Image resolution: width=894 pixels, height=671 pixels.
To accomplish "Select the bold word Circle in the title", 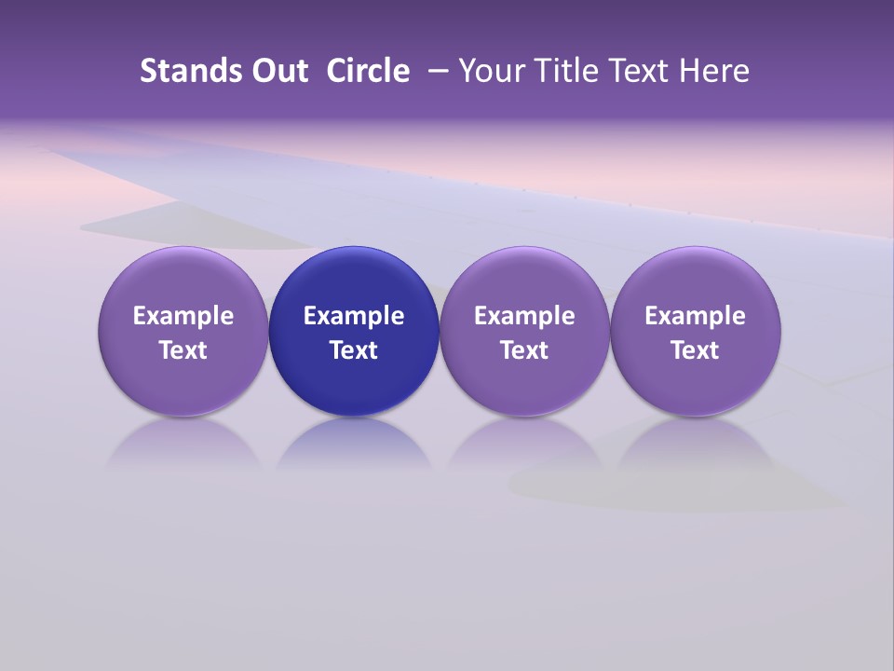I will tap(368, 71).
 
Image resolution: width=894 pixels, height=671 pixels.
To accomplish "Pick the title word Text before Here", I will tap(643, 71).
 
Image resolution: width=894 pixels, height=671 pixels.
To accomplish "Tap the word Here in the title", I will tap(715, 71).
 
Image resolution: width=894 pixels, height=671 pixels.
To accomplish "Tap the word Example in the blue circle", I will tap(354, 316).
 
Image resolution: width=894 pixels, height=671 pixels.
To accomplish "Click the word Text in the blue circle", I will tap(354, 350).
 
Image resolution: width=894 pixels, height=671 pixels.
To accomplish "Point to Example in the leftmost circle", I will tap(183, 316).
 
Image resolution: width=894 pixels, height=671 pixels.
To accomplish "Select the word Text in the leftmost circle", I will tap(183, 350).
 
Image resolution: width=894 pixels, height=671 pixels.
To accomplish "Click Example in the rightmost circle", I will tap(695, 316).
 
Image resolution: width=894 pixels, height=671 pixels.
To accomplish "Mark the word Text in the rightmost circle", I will tap(695, 350).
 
